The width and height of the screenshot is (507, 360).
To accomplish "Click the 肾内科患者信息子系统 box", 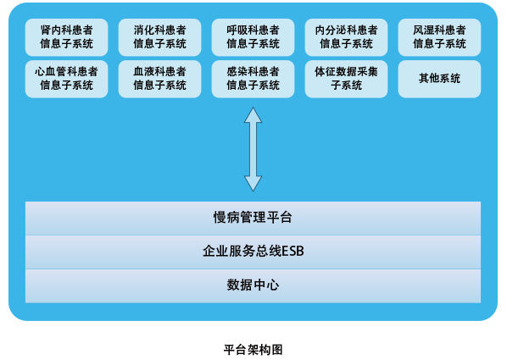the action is point(67,37).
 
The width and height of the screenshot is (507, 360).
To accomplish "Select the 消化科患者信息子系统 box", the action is point(159,37).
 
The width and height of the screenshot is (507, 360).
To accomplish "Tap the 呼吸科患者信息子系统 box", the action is point(253,37).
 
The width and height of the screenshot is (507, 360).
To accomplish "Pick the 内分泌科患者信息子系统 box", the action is point(346,37).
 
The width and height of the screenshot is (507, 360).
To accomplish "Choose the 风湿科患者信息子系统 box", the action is point(439,37).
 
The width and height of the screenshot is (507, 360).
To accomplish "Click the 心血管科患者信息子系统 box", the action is point(67,79).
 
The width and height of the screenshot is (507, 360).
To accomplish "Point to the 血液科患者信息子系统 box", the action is point(159,79).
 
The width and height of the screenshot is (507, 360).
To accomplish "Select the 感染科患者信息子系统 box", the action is point(253,79).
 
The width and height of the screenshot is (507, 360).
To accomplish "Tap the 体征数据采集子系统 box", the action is point(346,79).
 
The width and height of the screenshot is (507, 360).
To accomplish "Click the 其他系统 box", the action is point(439,79).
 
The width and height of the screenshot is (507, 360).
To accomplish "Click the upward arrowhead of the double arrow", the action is point(253,108).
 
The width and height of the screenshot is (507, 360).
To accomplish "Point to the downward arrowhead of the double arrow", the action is point(253,191).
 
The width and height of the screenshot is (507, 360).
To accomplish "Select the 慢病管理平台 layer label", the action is point(253,218).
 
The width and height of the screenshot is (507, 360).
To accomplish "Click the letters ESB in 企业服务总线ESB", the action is point(292,251).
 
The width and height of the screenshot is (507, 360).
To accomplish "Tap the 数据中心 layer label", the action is point(253,285).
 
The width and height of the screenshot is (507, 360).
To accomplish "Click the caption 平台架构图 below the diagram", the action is point(253,350).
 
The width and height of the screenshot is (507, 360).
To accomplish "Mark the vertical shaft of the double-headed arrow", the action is point(253,149).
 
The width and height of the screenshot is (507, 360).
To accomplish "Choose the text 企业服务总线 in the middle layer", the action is point(242,251).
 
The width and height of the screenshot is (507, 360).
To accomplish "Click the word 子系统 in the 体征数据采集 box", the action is point(346,86).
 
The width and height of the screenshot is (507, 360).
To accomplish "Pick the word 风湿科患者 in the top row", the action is point(439,30).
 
